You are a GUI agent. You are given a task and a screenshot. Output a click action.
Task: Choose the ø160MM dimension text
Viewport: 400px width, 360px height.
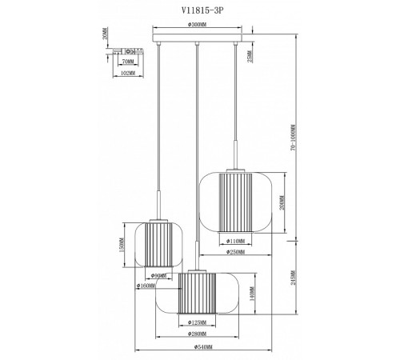click(146, 286)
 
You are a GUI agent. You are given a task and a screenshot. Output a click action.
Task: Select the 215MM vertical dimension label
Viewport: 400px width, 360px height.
click(295, 280)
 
